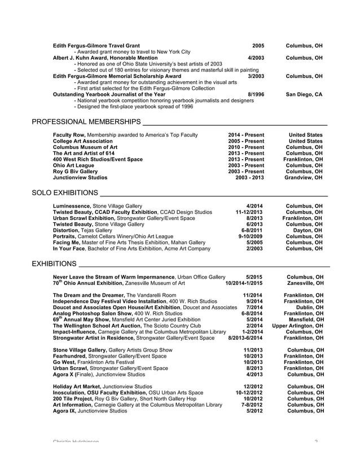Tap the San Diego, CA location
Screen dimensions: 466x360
point(304,94)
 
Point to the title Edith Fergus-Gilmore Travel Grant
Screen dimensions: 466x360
point(96,45)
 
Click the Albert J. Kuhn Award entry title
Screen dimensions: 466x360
point(103,58)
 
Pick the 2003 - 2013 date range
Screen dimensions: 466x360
point(249,177)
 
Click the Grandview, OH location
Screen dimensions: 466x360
point(304,177)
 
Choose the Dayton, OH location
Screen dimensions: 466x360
point(308,230)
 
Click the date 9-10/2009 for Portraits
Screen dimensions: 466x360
point(252,236)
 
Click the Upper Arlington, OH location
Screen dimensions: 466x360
point(297,326)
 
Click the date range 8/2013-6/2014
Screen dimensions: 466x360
point(245,338)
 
